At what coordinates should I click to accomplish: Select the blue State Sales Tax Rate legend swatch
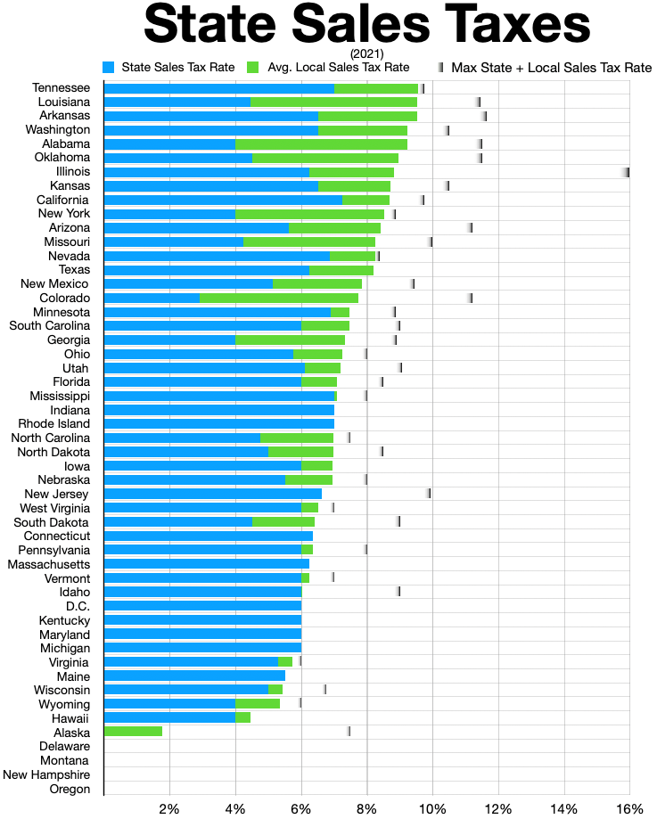(109, 67)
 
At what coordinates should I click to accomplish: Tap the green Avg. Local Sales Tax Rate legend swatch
(252, 67)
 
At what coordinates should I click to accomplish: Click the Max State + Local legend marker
(440, 67)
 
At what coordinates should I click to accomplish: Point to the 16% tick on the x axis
(629, 808)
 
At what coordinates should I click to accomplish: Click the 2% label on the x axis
(169, 808)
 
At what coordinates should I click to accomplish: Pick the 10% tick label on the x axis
(432, 808)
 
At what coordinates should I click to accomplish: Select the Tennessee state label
(61, 88)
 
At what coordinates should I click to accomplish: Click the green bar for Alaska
(133, 731)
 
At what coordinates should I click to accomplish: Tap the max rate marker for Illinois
(627, 172)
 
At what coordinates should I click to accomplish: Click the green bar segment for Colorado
(279, 298)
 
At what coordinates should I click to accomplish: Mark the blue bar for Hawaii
(169, 717)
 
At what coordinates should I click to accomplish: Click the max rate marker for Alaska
(349, 731)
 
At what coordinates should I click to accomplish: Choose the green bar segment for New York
(309, 214)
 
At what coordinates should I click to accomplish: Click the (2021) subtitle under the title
(367, 53)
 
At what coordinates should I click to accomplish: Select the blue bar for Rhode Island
(219, 423)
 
